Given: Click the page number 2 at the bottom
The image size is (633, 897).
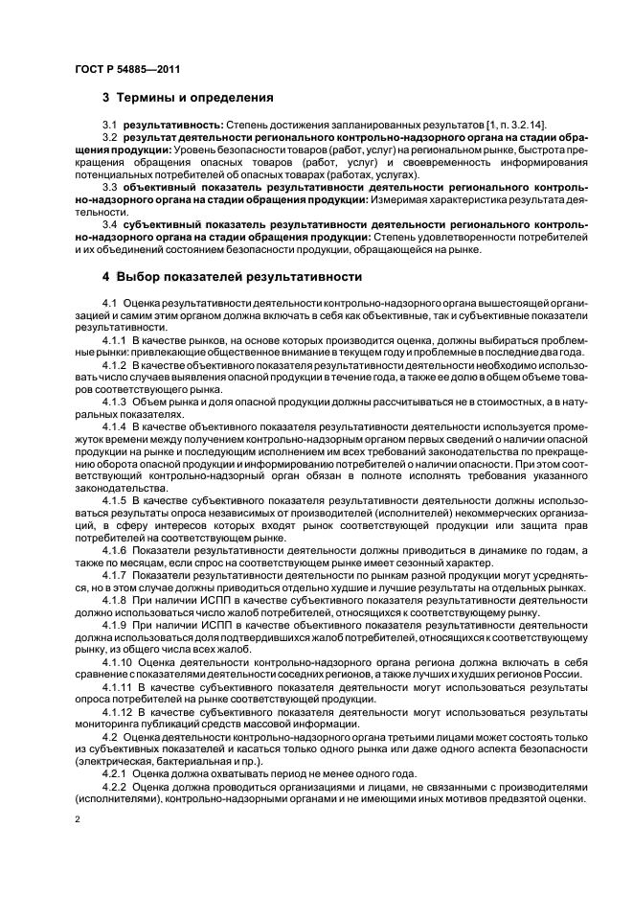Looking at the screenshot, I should (78, 820).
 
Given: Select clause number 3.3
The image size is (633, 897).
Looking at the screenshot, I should (110, 187).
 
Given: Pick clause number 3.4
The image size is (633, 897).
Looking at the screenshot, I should (110, 221).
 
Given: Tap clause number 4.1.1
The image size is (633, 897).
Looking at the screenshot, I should (114, 341).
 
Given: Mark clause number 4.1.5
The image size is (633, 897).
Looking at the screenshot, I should (114, 500).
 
